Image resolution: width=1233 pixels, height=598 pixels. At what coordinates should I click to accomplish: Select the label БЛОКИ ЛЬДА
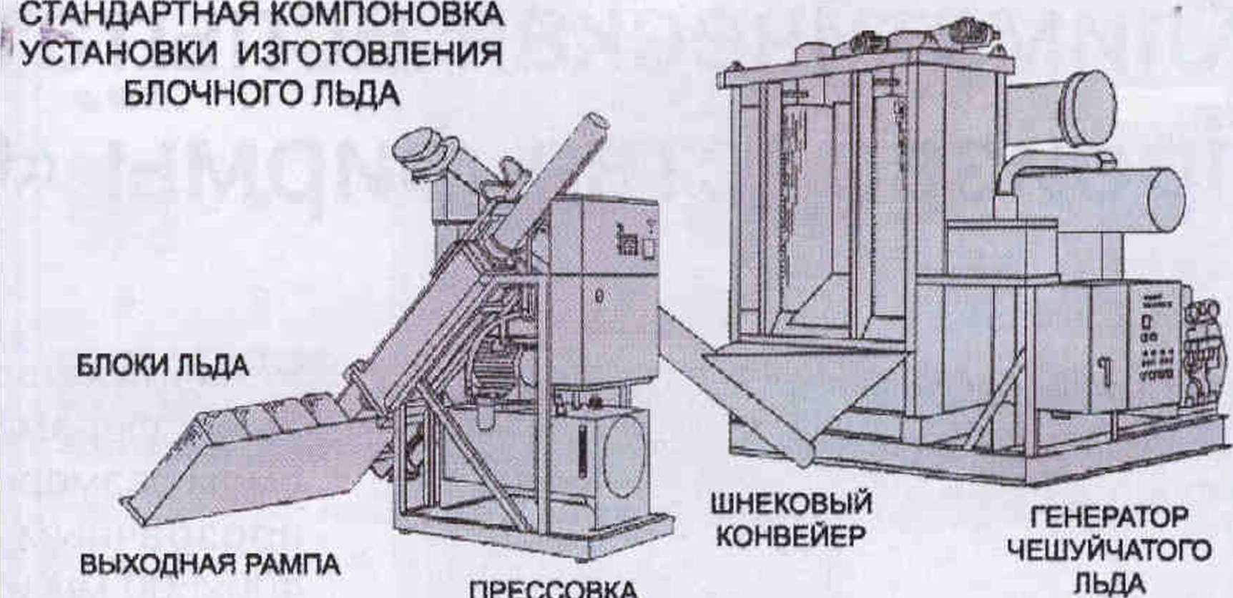pyautogui.click(x=163, y=366)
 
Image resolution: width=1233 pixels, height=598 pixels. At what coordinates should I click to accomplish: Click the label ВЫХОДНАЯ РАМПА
pyautogui.click(x=210, y=564)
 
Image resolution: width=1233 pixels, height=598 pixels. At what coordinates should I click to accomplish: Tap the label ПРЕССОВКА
pyautogui.click(x=552, y=589)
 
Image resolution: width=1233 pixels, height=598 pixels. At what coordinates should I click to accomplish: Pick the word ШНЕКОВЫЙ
pyautogui.click(x=791, y=503)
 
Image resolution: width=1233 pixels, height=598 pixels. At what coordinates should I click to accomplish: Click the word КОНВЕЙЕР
pyautogui.click(x=791, y=535)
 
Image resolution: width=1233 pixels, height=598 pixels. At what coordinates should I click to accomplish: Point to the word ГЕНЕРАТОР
pyautogui.click(x=1109, y=516)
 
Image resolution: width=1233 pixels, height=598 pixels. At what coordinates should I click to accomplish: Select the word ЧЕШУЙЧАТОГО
pyautogui.click(x=1109, y=550)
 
